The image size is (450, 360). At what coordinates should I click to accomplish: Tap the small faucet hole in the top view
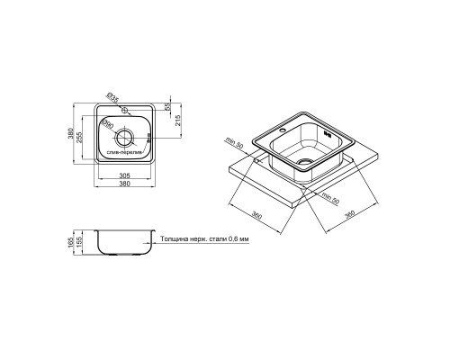[125, 111]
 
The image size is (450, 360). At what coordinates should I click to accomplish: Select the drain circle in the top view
[124, 138]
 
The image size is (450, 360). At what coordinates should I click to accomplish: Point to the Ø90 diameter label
[107, 124]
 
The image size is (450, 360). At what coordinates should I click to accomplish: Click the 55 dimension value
[167, 106]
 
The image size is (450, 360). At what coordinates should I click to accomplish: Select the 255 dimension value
[79, 138]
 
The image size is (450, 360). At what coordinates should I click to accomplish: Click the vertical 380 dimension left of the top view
[71, 133]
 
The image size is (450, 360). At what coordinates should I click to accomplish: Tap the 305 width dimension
[125, 176]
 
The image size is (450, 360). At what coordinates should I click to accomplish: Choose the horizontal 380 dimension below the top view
[125, 184]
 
